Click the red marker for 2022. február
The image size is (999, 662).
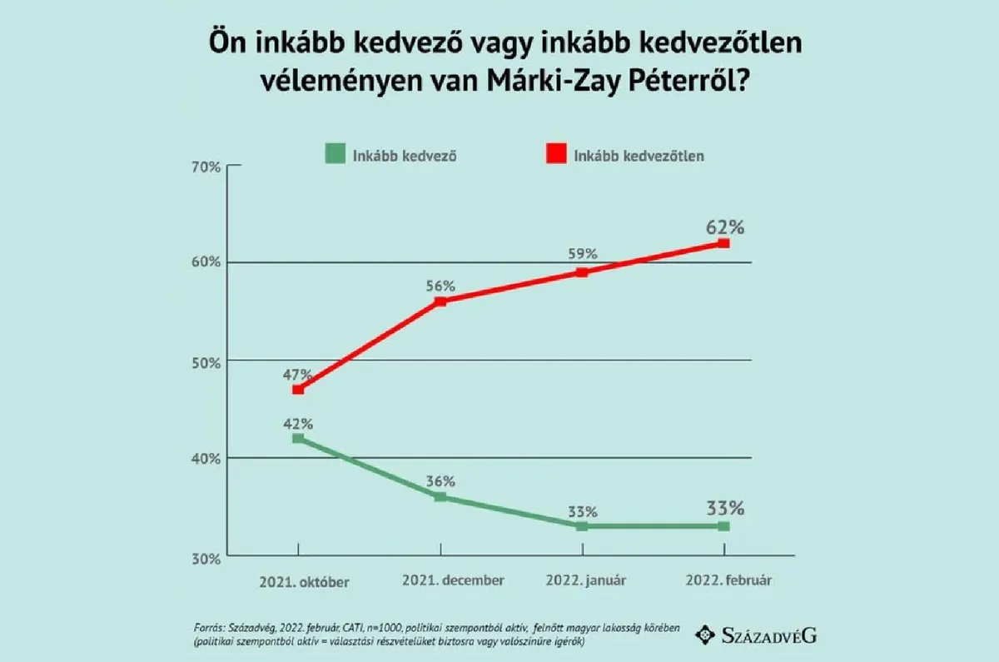pyautogui.click(x=723, y=243)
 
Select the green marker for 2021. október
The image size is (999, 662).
pyautogui.click(x=298, y=438)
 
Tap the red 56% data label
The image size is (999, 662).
pyautogui.click(x=440, y=286)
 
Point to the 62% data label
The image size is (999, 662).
pyautogui.click(x=724, y=226)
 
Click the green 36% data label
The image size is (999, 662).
pyautogui.click(x=440, y=480)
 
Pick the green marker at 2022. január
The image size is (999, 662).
pyautogui.click(x=582, y=526)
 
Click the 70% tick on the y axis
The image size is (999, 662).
pyautogui.click(x=205, y=167)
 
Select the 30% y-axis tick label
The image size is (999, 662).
pyautogui.click(x=205, y=557)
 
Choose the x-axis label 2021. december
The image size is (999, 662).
pyautogui.click(x=452, y=580)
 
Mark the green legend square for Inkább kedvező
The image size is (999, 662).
pyautogui.click(x=335, y=154)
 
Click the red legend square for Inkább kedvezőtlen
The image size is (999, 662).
pyautogui.click(x=556, y=154)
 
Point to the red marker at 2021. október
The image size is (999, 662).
pyautogui.click(x=298, y=389)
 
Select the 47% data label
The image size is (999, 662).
pyautogui.click(x=297, y=374)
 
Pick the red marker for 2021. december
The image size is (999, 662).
pyautogui.click(x=440, y=301)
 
